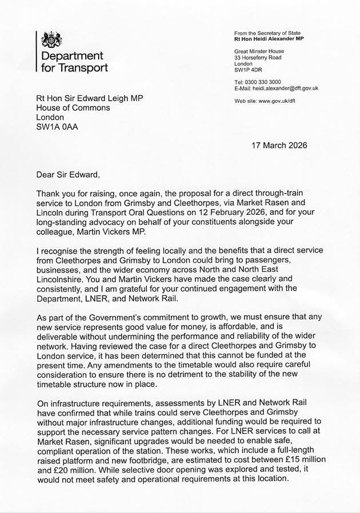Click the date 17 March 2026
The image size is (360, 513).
tap(279, 145)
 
